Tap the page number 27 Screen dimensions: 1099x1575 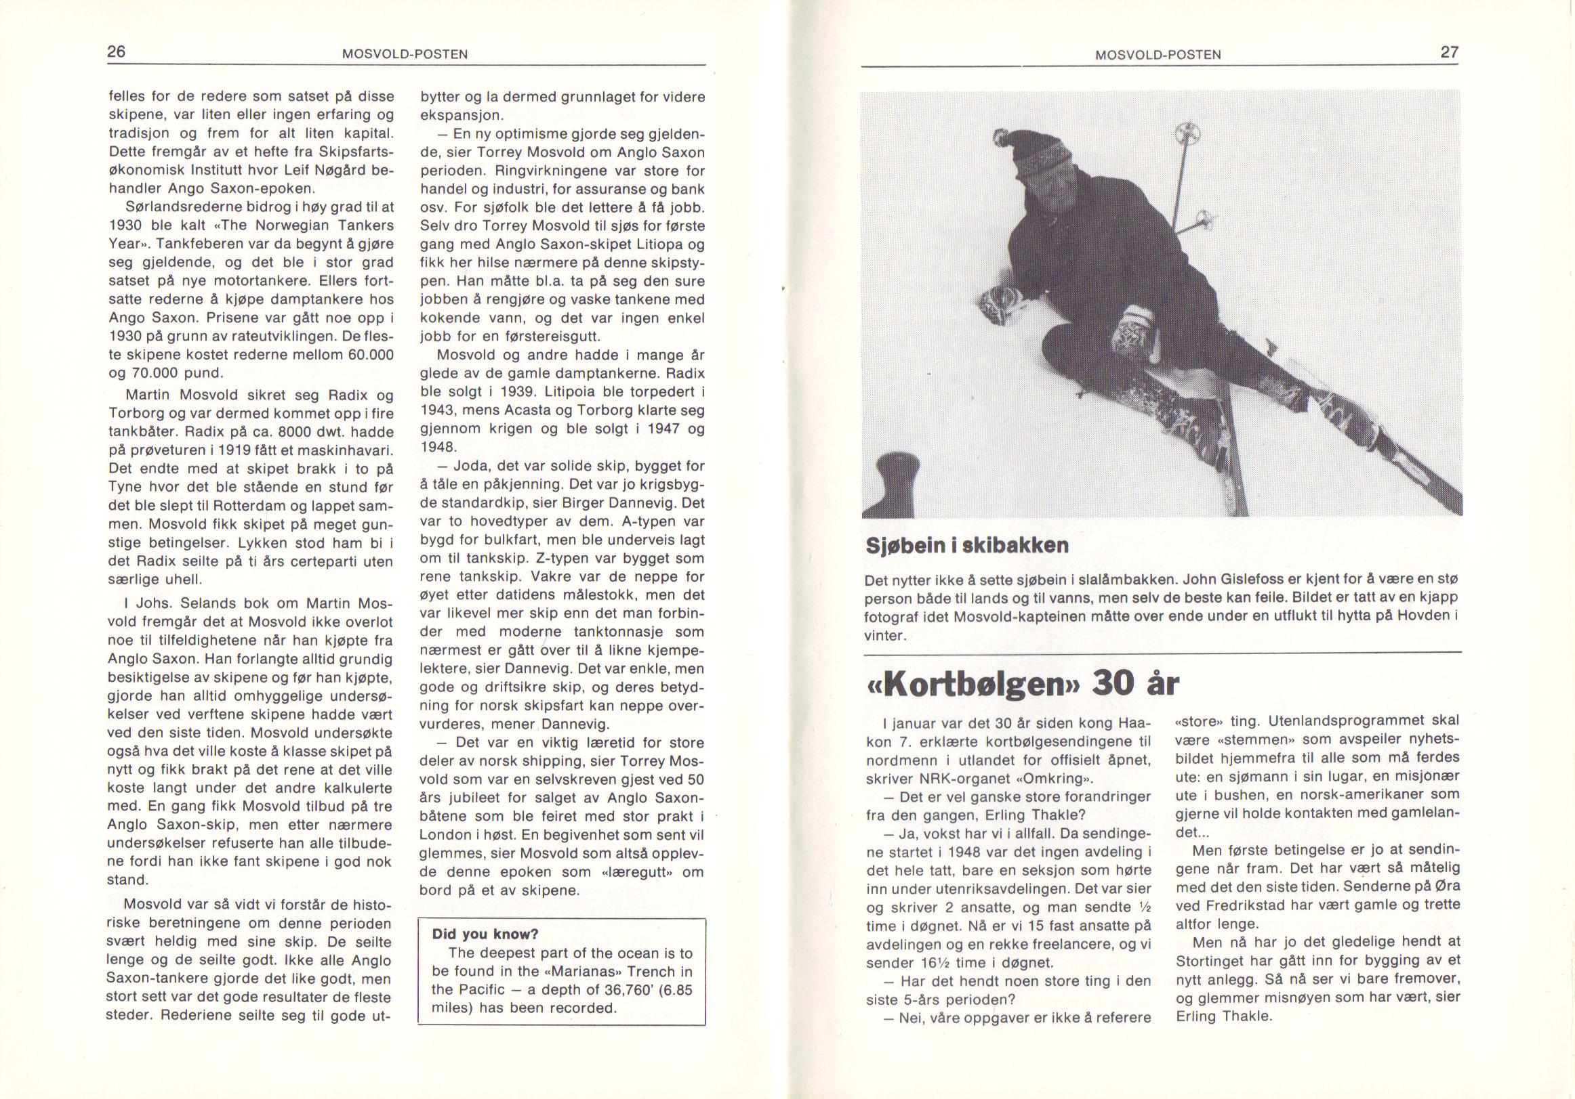1450,53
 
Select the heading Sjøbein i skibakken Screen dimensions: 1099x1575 966,546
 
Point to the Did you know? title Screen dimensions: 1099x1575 485,934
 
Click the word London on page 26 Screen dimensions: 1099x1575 443,836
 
